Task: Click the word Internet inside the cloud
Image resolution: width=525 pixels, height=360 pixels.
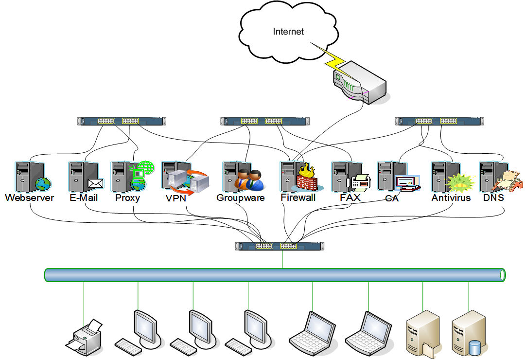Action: tap(288, 32)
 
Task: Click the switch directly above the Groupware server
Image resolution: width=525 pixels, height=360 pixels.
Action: tap(264, 121)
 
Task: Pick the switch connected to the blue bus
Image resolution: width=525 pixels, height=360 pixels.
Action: tap(279, 246)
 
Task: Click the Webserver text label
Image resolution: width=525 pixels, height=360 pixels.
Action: tap(30, 198)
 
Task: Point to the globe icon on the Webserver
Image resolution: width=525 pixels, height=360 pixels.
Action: tap(43, 184)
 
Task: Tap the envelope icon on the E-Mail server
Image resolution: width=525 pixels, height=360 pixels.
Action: tap(95, 183)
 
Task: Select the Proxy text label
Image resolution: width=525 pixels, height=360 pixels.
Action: tap(128, 198)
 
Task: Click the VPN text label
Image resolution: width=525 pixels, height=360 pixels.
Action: tap(176, 198)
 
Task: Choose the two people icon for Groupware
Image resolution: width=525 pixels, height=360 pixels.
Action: tap(249, 179)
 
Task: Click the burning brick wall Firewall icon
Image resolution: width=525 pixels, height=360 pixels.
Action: tap(306, 179)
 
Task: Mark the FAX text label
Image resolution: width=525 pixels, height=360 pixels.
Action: tap(350, 198)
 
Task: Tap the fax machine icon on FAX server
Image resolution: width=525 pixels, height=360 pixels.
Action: tap(360, 181)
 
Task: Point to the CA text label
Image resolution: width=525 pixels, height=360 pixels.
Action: tap(392, 198)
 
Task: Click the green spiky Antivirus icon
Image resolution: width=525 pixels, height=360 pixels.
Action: tap(459, 183)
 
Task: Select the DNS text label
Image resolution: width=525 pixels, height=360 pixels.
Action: tap(493, 198)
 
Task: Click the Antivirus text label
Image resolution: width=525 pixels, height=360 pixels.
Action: tap(451, 198)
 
